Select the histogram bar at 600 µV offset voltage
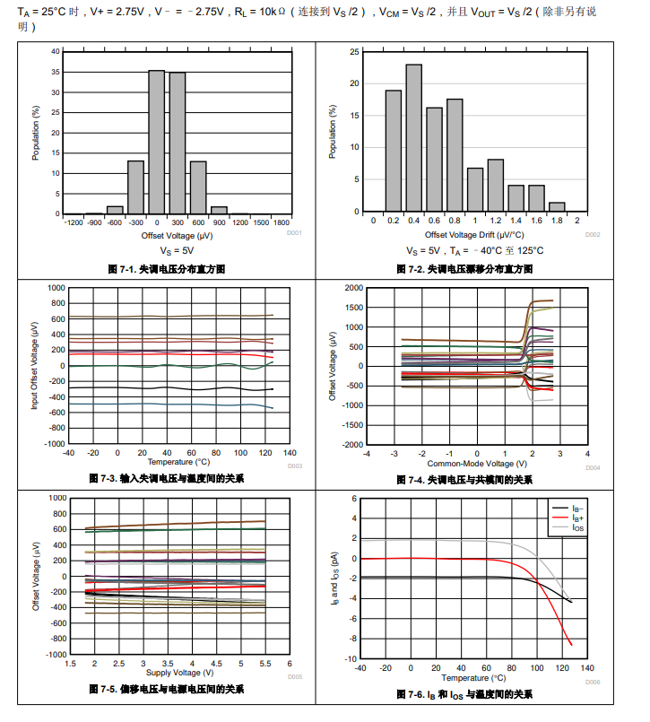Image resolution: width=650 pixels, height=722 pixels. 198,187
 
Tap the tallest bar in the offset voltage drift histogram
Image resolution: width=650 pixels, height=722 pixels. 413,139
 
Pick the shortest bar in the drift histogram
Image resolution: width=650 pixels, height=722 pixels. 557,208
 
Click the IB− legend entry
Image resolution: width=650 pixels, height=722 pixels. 577,509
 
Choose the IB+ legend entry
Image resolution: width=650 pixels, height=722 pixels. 577,518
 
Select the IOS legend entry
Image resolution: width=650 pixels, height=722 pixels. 577,529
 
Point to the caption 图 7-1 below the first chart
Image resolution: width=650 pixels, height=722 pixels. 166,269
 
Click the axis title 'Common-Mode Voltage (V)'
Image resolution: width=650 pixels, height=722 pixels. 468,464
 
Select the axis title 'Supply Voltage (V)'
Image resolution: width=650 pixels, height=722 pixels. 179,672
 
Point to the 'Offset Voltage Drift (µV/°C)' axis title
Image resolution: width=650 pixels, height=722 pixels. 475,234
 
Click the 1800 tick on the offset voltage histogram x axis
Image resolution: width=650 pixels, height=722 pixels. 282,222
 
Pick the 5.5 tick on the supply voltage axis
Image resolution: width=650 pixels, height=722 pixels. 264,664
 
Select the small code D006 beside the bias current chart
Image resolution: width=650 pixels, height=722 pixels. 593,682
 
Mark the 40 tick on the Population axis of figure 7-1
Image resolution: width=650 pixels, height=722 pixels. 56,51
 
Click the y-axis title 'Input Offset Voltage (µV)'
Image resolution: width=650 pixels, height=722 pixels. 35,367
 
